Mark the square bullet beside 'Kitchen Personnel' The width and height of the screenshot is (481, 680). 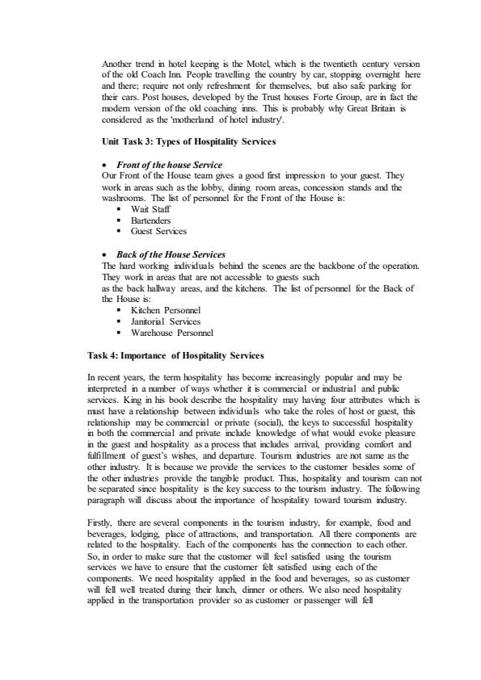coord(120,309)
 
